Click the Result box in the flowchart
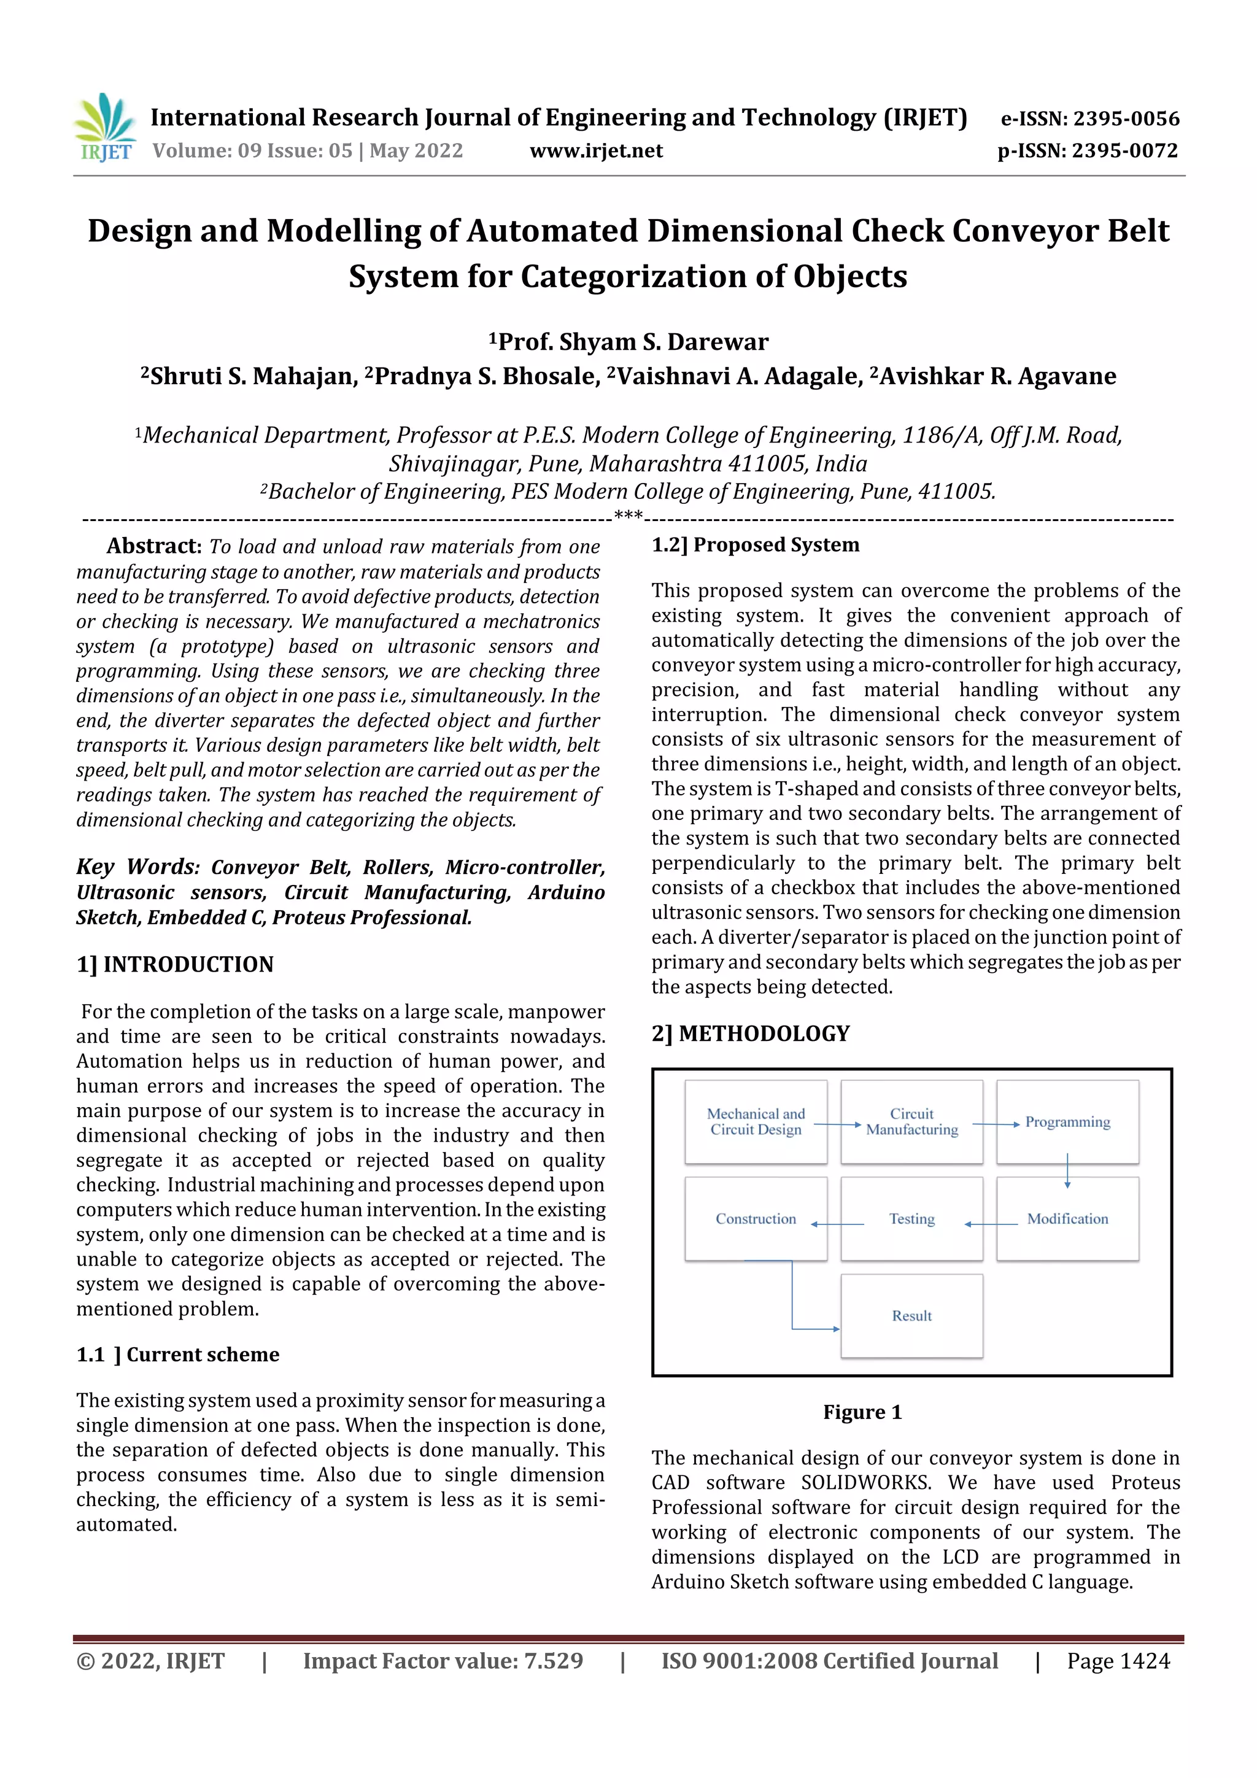tap(911, 1316)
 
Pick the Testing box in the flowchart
tap(911, 1219)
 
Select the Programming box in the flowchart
tap(1067, 1122)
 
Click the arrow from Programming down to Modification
tap(1067, 1170)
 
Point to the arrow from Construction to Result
tap(793, 1302)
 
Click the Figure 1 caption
tap(862, 1412)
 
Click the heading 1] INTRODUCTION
tap(175, 964)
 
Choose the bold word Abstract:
tap(153, 546)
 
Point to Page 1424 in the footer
tap(1118, 1660)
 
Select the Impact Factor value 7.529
tap(553, 1660)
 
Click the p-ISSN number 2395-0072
tap(1124, 150)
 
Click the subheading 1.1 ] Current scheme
tap(177, 1354)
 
